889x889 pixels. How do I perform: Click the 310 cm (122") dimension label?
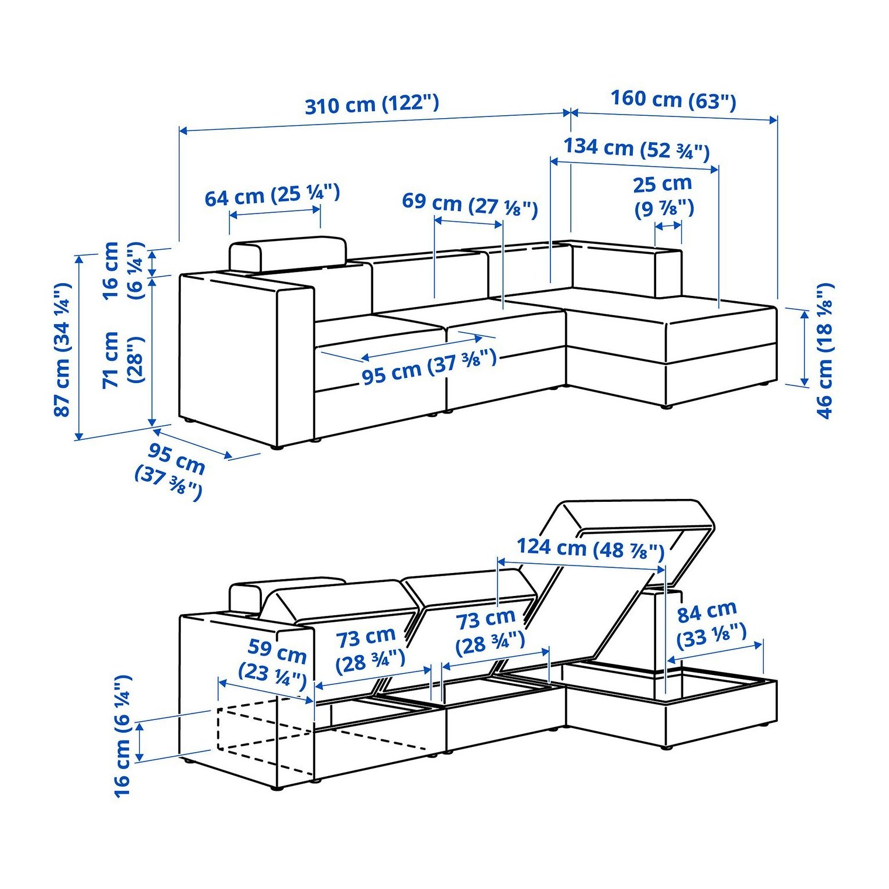coord(371,105)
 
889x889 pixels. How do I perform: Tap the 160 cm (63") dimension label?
coord(673,99)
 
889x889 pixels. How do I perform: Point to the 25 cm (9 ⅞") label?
coord(663,196)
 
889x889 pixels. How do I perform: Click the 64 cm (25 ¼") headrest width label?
coord(272,195)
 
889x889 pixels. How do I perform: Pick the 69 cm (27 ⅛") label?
coord(470,205)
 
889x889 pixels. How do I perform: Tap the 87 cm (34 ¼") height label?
coord(63,349)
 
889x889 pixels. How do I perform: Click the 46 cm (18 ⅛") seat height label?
coord(824,351)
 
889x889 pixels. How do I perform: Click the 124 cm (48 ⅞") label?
coord(591,548)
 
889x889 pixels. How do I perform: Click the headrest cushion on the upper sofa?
coord(288,254)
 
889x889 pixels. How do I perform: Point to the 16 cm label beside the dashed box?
coord(122,736)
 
